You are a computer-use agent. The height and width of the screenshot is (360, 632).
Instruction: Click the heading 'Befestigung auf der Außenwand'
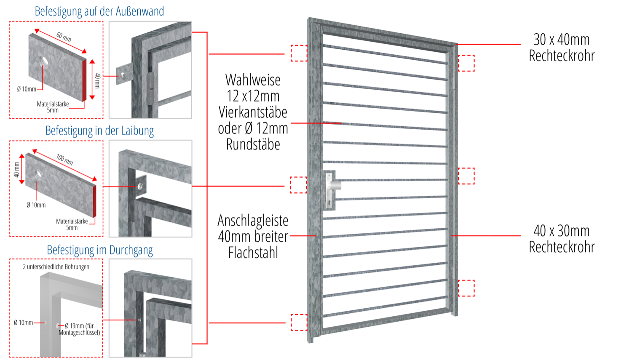(x=99, y=11)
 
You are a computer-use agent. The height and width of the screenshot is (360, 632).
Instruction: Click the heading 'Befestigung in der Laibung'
(x=99, y=131)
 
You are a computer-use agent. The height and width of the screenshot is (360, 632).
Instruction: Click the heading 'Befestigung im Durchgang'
(x=99, y=250)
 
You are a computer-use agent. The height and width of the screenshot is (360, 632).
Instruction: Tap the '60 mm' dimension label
(x=64, y=37)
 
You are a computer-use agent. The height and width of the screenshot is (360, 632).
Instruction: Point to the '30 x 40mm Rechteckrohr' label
(x=561, y=48)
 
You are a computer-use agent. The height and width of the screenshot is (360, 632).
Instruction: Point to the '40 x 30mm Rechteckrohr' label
(x=561, y=239)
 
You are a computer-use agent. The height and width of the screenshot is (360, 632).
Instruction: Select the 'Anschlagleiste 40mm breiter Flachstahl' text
(x=253, y=237)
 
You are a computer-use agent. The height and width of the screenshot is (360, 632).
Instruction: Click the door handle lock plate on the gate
(x=330, y=190)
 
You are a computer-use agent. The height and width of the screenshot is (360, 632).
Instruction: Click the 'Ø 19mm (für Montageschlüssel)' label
(x=80, y=329)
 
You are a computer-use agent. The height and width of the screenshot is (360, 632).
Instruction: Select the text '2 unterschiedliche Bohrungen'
(x=56, y=267)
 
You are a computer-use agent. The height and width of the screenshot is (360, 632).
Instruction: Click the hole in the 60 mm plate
(x=44, y=62)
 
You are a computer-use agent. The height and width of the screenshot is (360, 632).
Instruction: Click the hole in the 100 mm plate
(x=38, y=173)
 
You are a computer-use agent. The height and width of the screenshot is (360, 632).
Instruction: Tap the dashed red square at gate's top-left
(x=299, y=53)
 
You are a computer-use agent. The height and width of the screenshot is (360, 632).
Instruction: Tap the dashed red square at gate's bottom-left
(x=299, y=322)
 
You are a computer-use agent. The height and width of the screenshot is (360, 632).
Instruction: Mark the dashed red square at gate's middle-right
(x=466, y=176)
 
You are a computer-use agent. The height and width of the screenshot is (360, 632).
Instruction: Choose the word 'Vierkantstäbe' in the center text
(x=253, y=112)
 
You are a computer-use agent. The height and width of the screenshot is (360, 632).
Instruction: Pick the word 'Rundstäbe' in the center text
(x=253, y=144)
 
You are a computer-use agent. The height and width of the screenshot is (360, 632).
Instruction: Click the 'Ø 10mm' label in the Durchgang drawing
(x=23, y=323)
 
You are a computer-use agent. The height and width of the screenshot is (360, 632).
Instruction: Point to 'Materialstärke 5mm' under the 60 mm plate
(x=53, y=107)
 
